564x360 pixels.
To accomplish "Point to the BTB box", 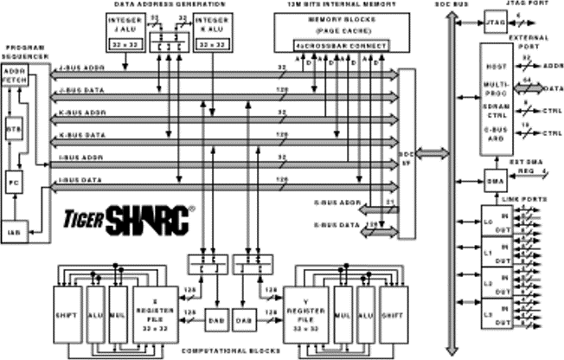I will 14,127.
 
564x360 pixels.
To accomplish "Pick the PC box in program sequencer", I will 14,183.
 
